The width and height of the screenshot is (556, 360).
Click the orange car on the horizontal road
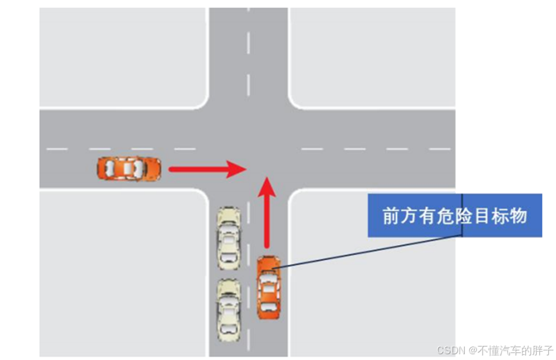[x=129, y=169]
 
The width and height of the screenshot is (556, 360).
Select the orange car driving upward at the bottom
[x=269, y=287]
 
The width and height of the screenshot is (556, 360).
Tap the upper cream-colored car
[x=229, y=237]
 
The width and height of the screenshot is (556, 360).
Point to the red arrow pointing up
[x=267, y=215]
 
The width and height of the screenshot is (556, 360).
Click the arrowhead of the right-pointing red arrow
[x=238, y=170]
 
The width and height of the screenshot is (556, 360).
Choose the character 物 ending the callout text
[x=518, y=216]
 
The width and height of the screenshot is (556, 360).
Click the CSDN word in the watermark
[x=451, y=350]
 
